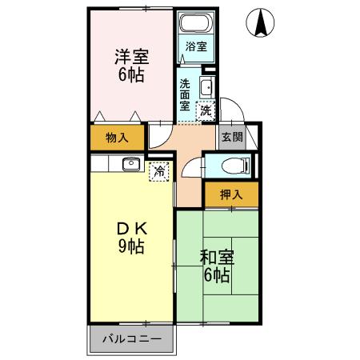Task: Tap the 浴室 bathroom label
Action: [x=194, y=46]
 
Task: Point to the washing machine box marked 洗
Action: [x=205, y=110]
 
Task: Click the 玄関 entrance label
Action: [x=232, y=137]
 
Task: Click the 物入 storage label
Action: [x=117, y=137]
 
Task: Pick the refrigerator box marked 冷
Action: [x=160, y=170]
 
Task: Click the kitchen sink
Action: [x=130, y=164]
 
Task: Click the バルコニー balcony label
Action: [x=132, y=339]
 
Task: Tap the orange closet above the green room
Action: [x=231, y=194]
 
